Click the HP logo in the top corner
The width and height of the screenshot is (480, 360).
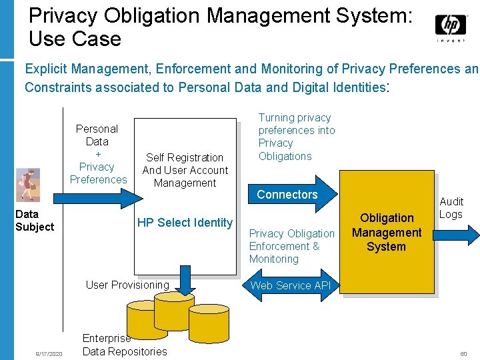coord(451,27)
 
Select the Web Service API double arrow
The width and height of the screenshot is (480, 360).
coord(291,285)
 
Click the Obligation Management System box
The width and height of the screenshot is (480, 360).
coord(387,232)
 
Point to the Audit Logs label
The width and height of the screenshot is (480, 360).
coord(451,207)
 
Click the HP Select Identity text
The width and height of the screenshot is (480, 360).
coord(185,223)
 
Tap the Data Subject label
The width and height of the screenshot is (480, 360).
coord(34,220)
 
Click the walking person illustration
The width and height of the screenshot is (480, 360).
coord(28,184)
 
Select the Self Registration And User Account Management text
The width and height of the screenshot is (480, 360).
coord(185,170)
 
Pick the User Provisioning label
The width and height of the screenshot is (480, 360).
coord(127,285)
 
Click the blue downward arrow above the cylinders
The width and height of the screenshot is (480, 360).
coord(187,278)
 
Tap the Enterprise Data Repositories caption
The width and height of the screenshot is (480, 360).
coord(124,345)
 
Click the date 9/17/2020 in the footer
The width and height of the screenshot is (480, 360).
coord(49,353)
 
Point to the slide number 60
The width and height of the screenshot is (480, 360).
coord(463,353)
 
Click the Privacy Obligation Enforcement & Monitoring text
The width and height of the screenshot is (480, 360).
coord(291,246)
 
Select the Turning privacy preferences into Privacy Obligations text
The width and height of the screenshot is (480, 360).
coord(296,137)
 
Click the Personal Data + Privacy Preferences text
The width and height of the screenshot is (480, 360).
coord(97,154)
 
